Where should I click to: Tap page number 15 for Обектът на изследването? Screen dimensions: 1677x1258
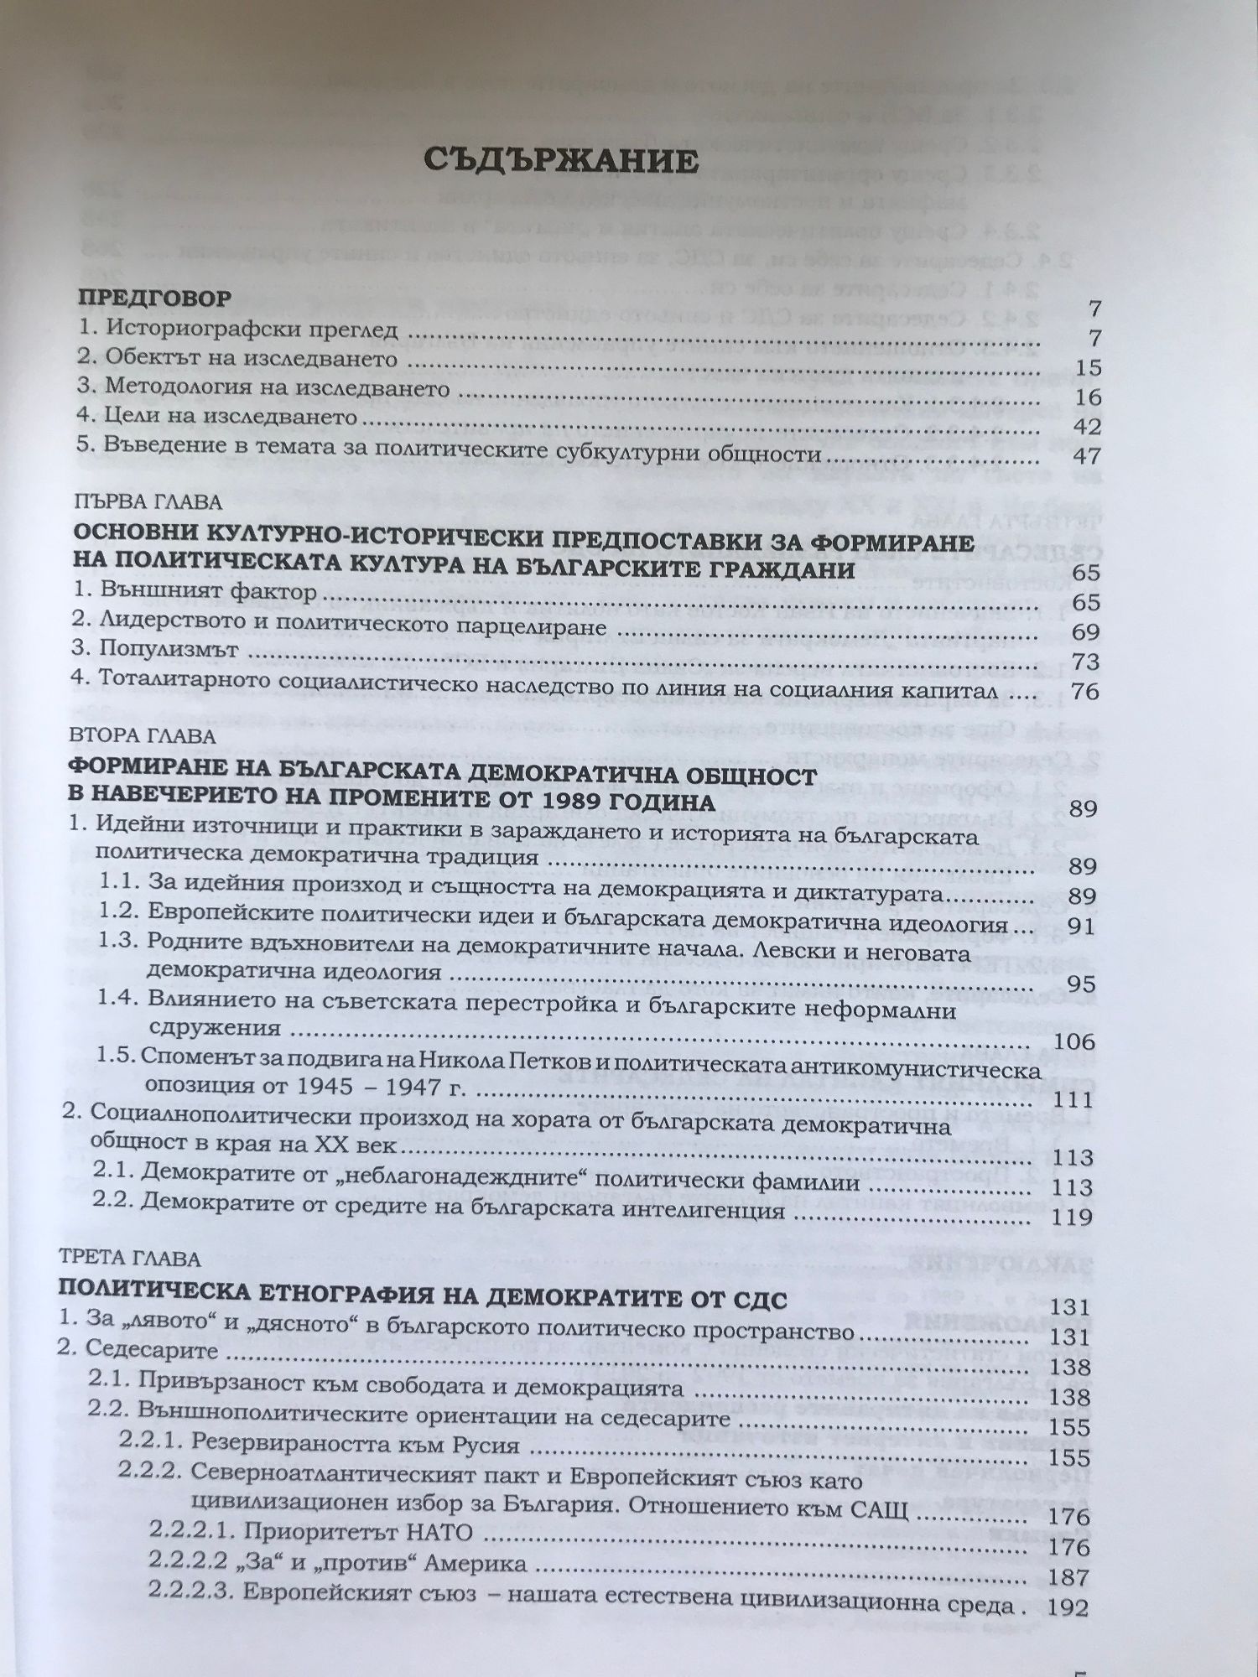click(1080, 368)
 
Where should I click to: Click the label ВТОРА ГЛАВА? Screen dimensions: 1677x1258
click(143, 736)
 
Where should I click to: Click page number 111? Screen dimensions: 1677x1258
click(1073, 1101)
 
